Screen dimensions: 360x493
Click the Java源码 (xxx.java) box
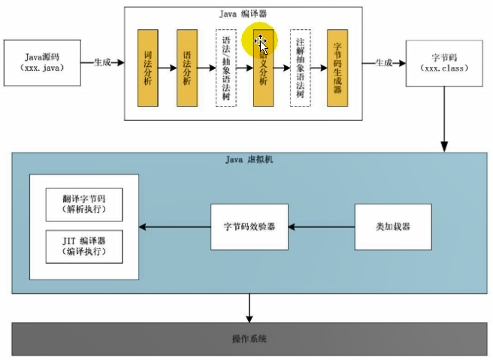[x=42, y=62]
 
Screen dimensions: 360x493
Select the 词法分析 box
[x=148, y=68]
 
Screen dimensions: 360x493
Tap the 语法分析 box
[x=187, y=68]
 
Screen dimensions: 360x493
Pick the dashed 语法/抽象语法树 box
[x=225, y=68]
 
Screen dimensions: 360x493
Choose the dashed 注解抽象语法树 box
[x=300, y=68]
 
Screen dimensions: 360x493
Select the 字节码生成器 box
[x=337, y=68]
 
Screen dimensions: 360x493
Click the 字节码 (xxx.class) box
[x=444, y=62]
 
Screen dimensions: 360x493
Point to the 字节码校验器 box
[x=250, y=226]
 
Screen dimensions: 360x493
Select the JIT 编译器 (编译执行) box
[x=83, y=246]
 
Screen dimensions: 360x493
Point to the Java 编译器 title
[x=244, y=13]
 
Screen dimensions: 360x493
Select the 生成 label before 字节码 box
[x=383, y=62]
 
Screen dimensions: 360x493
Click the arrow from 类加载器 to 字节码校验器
[x=322, y=226]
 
